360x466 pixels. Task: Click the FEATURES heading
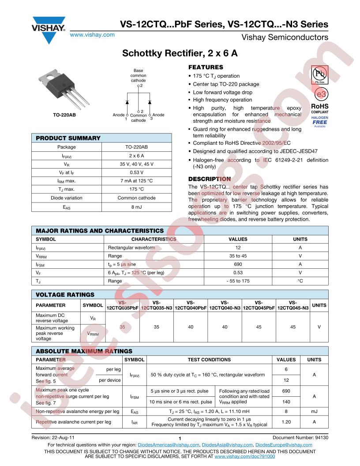pos(206,68)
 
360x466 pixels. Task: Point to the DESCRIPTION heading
pos(209,179)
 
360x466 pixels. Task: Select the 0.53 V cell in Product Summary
pos(136,173)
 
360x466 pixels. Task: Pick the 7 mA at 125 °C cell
pos(136,181)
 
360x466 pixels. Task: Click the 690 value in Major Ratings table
pos(238,264)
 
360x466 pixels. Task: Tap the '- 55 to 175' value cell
pos(238,281)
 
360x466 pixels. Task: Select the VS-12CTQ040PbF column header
pos(191,305)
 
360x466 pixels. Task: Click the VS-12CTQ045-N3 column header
pos(293,305)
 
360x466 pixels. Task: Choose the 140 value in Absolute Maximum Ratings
pos(286,402)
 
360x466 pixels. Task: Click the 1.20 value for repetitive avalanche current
pos(286,422)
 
